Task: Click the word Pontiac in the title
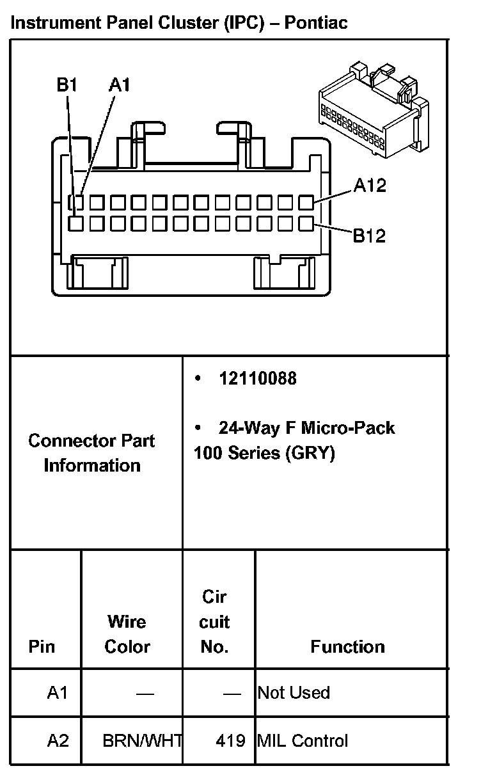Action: [x=316, y=23]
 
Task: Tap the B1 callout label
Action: [x=67, y=84]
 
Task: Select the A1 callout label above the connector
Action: [x=119, y=84]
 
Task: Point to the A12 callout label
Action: [x=370, y=186]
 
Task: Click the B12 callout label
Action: [x=370, y=235]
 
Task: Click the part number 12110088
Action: [x=258, y=378]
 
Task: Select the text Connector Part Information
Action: [x=92, y=453]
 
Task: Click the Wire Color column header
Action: [x=127, y=634]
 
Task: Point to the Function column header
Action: [x=347, y=646]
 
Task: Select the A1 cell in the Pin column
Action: [x=57, y=693]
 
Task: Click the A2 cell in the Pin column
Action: [x=57, y=741]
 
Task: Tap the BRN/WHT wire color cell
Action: [x=142, y=741]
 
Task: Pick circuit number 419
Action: [x=231, y=741]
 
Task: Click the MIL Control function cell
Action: [x=303, y=741]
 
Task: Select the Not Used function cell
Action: [x=294, y=693]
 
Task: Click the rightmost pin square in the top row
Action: [x=306, y=203]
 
